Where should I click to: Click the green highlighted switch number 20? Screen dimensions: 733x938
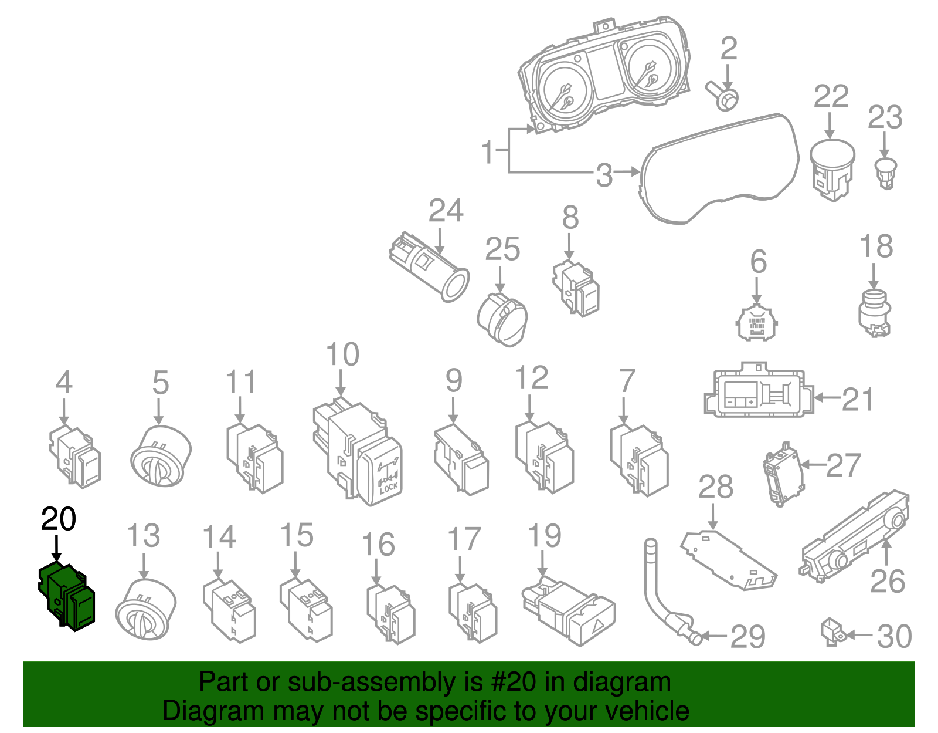[x=66, y=596]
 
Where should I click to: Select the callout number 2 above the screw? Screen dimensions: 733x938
[x=728, y=49]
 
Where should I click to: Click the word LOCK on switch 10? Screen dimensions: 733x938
[x=388, y=488]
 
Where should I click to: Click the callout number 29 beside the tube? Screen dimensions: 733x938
[x=747, y=637]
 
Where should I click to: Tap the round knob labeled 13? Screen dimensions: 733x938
[x=145, y=609]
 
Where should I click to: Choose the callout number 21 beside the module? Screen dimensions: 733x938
[x=858, y=400]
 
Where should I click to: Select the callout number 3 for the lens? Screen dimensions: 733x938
[x=604, y=175]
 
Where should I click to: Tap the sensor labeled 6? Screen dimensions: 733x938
[x=757, y=323]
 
